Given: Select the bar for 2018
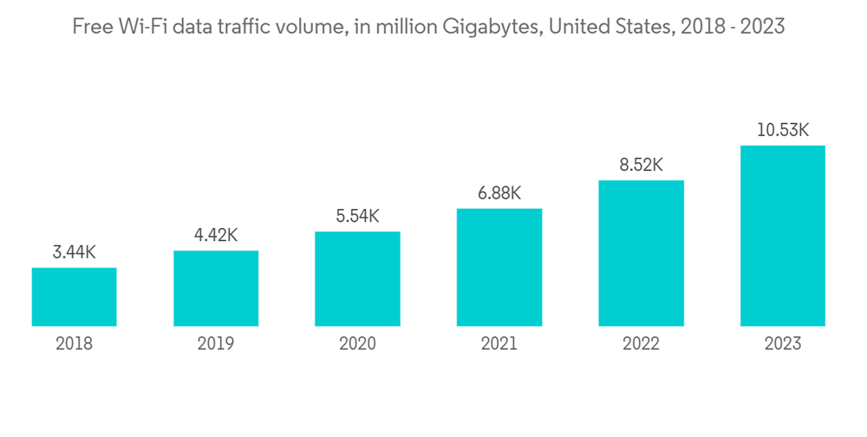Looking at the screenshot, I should tap(75, 297).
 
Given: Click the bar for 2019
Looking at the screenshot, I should tap(216, 289).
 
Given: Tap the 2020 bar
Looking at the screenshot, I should tap(357, 279).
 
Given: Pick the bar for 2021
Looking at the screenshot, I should tap(499, 268).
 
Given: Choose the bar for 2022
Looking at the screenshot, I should tap(641, 254).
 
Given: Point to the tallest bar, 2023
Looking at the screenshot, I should tap(783, 236).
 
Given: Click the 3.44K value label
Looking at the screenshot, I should tap(75, 253).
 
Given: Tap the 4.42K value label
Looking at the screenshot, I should tap(216, 236).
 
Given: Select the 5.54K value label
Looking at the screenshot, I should tap(357, 217).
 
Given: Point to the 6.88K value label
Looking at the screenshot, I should tap(499, 193).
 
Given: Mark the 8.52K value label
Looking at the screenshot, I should tap(641, 166).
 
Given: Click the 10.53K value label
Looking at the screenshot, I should tap(783, 131).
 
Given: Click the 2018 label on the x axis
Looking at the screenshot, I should tap(75, 344).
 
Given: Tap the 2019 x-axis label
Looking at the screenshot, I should tap(216, 344).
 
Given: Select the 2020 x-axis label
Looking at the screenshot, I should tap(357, 344).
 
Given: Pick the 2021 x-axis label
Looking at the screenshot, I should tap(499, 344).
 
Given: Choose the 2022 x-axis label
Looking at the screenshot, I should tap(641, 344).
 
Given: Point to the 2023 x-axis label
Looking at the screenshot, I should tap(783, 344).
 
